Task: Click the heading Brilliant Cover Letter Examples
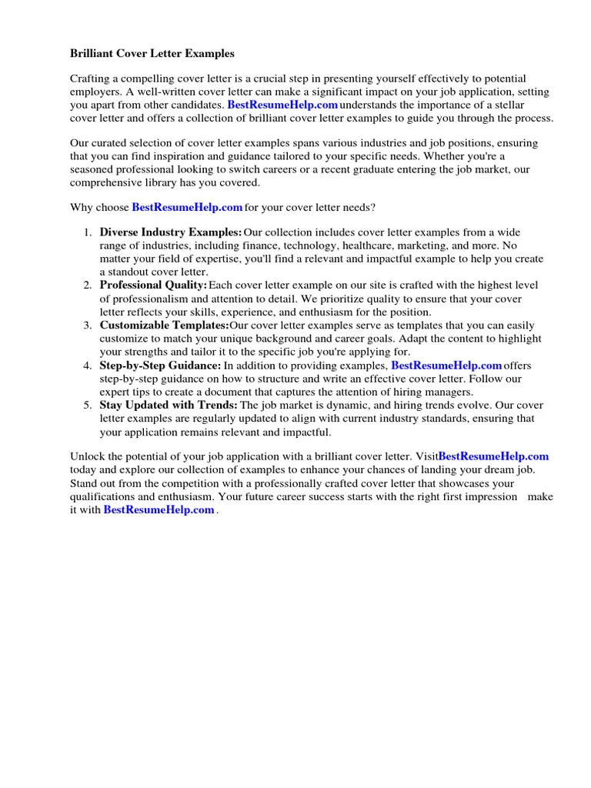[152, 54]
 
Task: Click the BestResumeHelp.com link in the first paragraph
[282, 105]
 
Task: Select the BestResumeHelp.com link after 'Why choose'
[187, 208]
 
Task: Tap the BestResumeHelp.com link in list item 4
[446, 366]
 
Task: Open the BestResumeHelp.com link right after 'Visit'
[493, 456]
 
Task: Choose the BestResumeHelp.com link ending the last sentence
[159, 509]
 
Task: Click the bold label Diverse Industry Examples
[171, 232]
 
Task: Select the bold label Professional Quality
[153, 285]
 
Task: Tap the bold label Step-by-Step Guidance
[160, 366]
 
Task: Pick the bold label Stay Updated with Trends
[169, 406]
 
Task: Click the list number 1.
[88, 232]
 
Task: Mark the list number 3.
[88, 326]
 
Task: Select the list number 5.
[88, 406]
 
